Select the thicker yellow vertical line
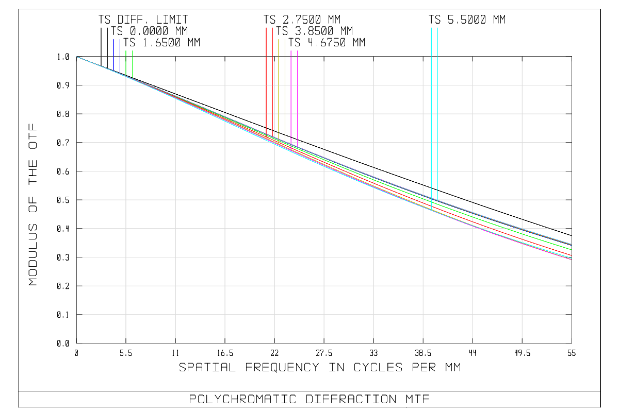click(279, 88)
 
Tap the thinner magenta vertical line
click(298, 98)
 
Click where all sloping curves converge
click(77, 57)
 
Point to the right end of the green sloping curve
click(572, 250)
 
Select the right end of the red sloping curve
click(572, 255)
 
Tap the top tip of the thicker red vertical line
click(266, 27)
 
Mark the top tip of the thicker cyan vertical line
click(431, 27)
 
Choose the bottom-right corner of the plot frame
click(572, 343)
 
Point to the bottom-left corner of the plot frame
click(76, 343)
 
